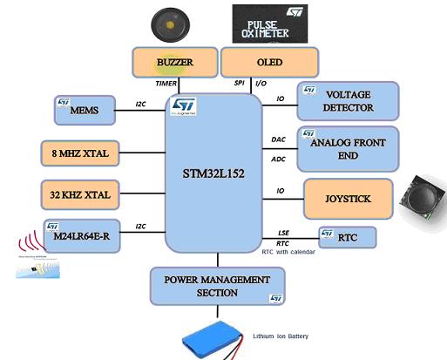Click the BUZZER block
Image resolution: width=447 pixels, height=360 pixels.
click(173, 63)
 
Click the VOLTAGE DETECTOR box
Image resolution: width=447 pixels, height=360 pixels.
click(349, 100)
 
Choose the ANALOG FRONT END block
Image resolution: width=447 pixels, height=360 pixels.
click(349, 147)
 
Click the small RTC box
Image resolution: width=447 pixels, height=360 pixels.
click(347, 236)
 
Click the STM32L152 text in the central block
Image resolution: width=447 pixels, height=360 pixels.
click(213, 171)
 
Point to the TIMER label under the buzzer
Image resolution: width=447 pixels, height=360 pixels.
click(166, 85)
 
